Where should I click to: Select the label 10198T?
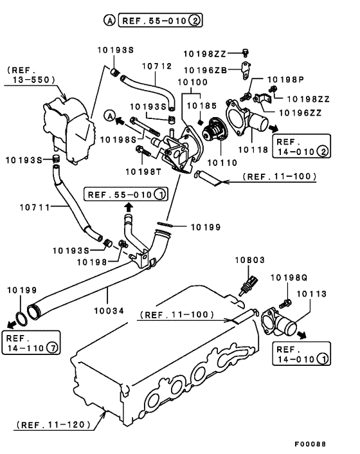[x=141, y=171]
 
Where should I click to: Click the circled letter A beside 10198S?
[x=110, y=116]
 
